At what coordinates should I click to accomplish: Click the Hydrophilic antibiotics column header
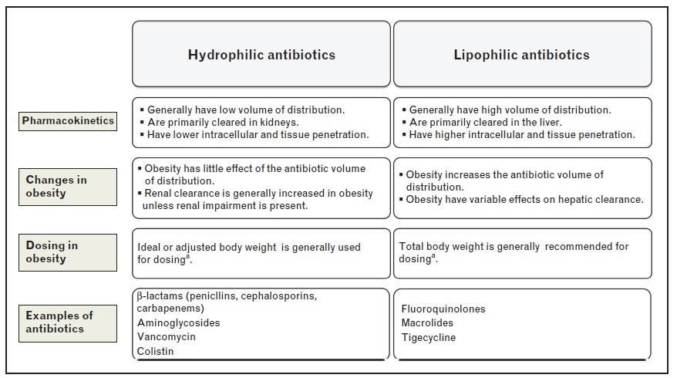[x=261, y=55]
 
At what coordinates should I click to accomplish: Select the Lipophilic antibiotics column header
[x=522, y=55]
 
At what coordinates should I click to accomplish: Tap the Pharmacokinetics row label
[x=68, y=121]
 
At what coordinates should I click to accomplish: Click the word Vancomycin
[x=167, y=337]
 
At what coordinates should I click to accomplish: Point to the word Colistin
[x=156, y=351]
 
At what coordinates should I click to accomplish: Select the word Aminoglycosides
[x=179, y=323]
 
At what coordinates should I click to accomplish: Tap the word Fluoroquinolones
[x=443, y=309]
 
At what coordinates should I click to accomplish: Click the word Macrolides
[x=427, y=323]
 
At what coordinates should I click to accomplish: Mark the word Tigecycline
[x=429, y=337]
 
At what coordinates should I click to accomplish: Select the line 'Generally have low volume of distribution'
[x=246, y=110]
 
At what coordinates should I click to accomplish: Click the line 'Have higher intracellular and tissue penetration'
[x=522, y=134]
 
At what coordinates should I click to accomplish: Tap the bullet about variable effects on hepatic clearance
[x=524, y=199]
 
